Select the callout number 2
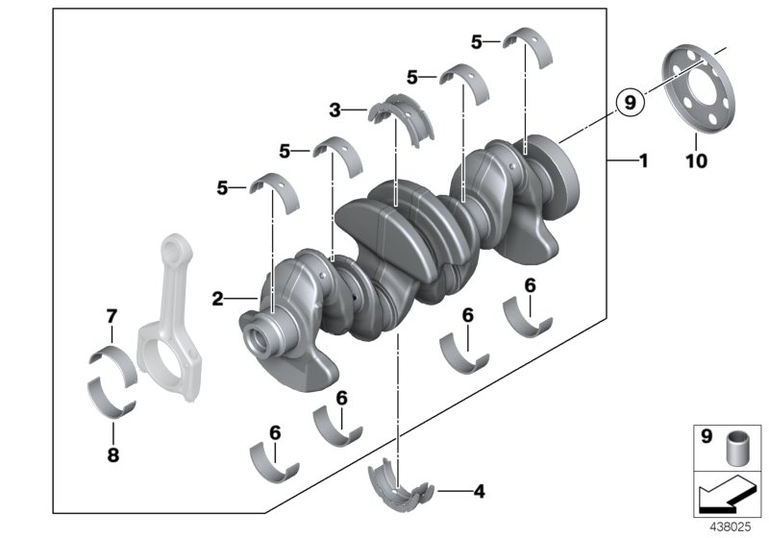click(218, 300)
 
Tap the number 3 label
click(335, 111)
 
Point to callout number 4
click(479, 491)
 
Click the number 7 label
click(112, 315)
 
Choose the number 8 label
click(112, 455)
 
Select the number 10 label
click(696, 161)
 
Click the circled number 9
click(629, 100)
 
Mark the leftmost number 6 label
click(274, 432)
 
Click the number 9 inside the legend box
click(707, 437)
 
